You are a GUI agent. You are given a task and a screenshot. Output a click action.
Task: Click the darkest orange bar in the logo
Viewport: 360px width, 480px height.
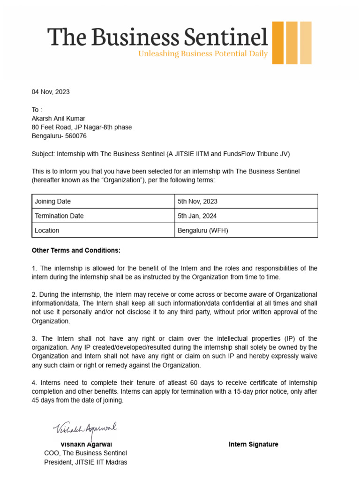coord(278,43)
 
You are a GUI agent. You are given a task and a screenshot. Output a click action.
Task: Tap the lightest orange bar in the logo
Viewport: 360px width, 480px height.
coord(306,43)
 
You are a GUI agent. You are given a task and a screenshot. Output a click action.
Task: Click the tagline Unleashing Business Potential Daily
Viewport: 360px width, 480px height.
coord(202,54)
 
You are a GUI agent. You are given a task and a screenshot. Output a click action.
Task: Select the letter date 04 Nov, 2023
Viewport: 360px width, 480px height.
coord(51,92)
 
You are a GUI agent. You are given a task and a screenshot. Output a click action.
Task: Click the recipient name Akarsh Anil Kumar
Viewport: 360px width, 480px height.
coord(59,119)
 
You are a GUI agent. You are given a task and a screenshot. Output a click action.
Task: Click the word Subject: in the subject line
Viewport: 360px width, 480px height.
coord(43,154)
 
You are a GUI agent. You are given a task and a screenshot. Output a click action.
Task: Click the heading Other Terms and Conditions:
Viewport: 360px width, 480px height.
coord(76,251)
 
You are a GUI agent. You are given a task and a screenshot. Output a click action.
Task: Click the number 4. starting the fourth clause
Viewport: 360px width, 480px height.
coord(35,382)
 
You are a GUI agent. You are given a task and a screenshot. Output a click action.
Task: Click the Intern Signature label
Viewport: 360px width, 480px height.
coord(253,444)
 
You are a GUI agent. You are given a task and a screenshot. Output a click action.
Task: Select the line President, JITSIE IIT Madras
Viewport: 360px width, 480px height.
coord(85,462)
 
